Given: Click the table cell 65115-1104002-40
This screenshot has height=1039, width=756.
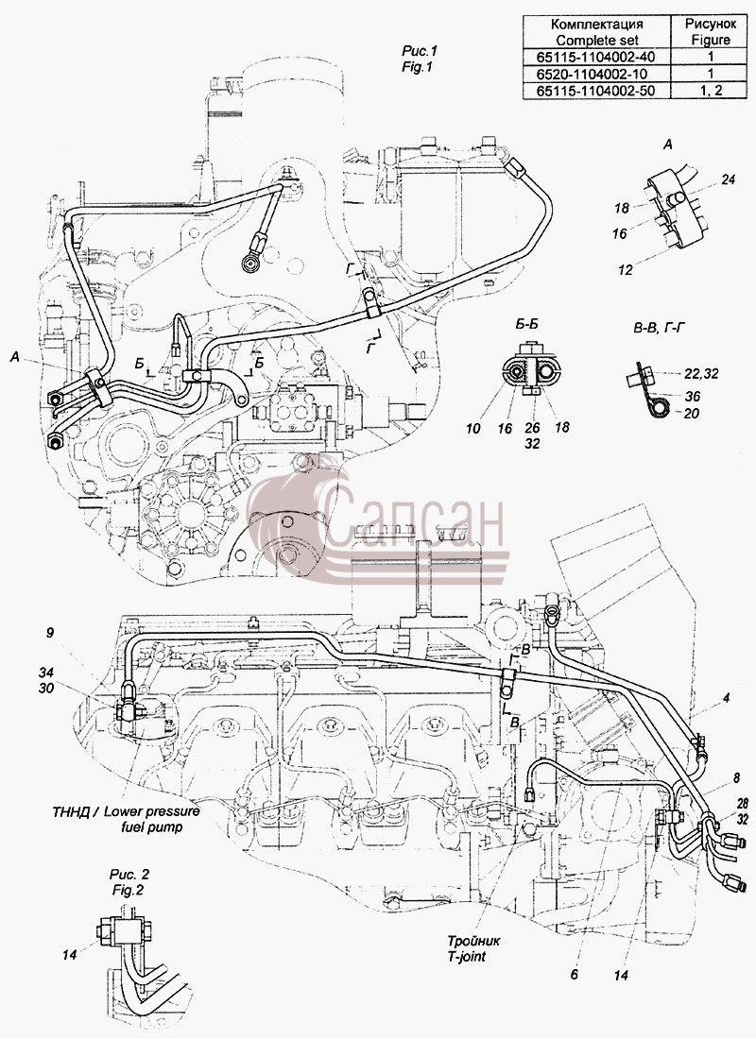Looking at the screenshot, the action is click(x=597, y=57).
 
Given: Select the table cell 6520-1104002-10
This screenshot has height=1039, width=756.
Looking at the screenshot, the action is click(x=597, y=74).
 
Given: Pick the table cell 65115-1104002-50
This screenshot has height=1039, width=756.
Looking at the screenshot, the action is click(x=597, y=91).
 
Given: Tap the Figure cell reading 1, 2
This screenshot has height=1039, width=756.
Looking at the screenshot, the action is click(x=711, y=91).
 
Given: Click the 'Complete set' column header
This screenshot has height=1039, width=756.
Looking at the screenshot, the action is click(x=597, y=40).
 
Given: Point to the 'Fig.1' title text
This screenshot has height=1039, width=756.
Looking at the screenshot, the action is click(x=417, y=67).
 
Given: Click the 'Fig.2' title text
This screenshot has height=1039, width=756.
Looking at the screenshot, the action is click(x=127, y=890).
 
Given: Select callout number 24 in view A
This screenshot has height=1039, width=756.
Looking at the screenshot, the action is click(x=729, y=179).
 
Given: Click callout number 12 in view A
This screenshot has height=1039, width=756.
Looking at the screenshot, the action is click(x=625, y=270).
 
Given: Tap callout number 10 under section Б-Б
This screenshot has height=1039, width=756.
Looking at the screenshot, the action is click(x=472, y=429).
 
